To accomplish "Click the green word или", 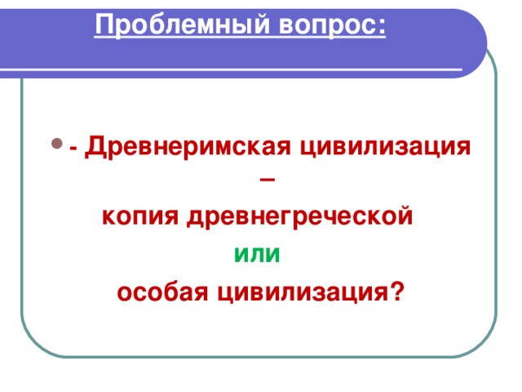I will click(x=257, y=255).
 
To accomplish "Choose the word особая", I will click(x=159, y=292).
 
